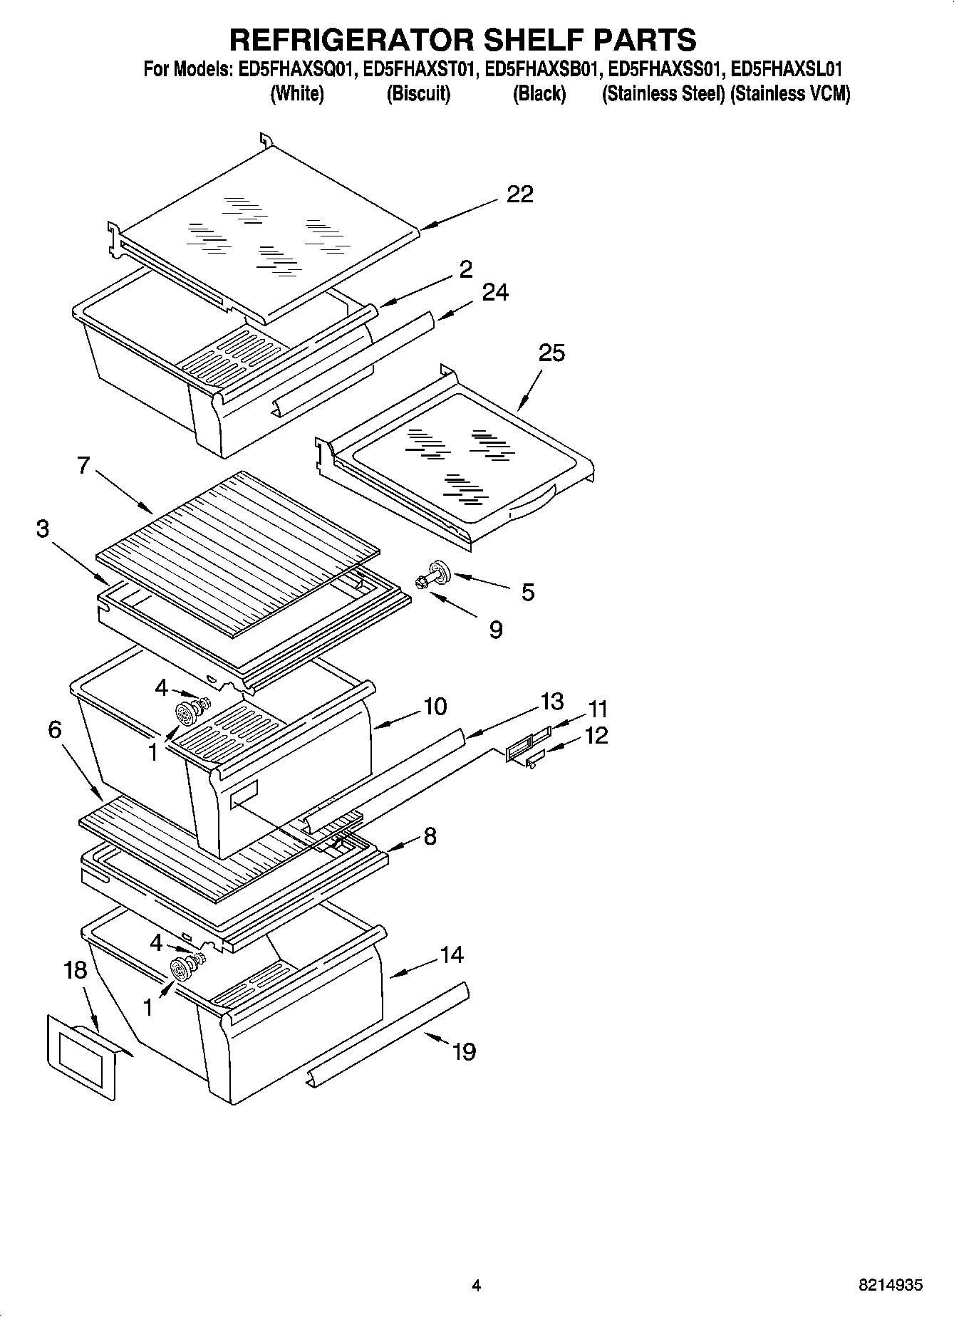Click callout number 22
pos(519,194)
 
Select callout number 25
pos(551,353)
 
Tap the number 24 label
pos(495,292)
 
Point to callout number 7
pos(83,466)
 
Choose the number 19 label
pos(464,1051)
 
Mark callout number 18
pos(75,970)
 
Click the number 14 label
pos(452,954)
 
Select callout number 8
pos(430,836)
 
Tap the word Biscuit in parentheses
pos(418,94)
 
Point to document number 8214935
pos(890,1285)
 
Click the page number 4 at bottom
pos(477,1286)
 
